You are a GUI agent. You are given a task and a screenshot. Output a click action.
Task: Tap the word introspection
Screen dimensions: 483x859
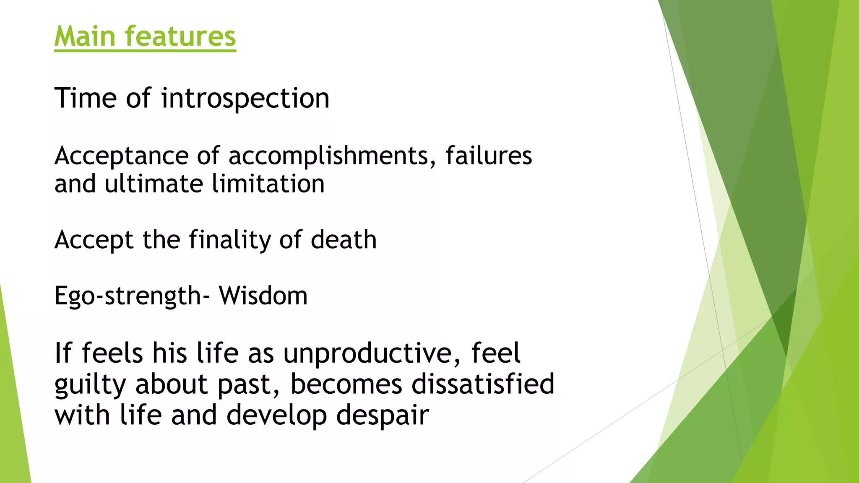pyautogui.click(x=245, y=99)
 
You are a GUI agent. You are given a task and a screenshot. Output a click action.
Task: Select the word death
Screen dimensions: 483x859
pyautogui.click(x=344, y=240)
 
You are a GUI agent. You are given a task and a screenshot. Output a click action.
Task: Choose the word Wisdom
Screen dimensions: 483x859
pyautogui.click(x=263, y=296)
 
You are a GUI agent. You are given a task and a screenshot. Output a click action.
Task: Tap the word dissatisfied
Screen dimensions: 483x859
pyautogui.click(x=483, y=384)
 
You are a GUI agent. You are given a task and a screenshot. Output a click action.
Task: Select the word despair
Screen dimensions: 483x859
pyautogui.click(x=383, y=415)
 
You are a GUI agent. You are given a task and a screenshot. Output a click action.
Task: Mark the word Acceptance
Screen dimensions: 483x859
pyautogui.click(x=122, y=156)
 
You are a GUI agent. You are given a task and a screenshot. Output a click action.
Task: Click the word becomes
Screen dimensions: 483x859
pyautogui.click(x=346, y=384)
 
